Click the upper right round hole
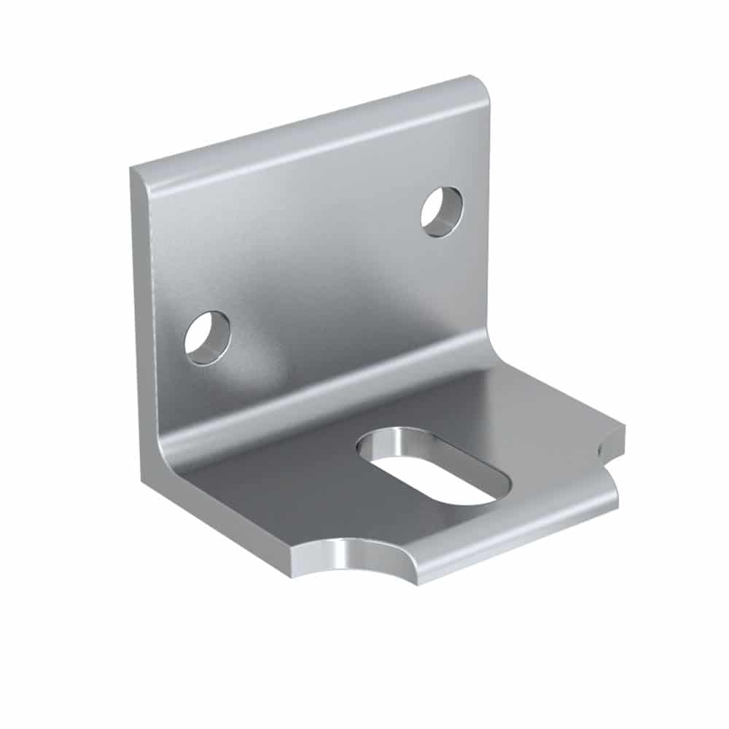pyautogui.click(x=442, y=211)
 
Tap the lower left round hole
pyautogui.click(x=207, y=338)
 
